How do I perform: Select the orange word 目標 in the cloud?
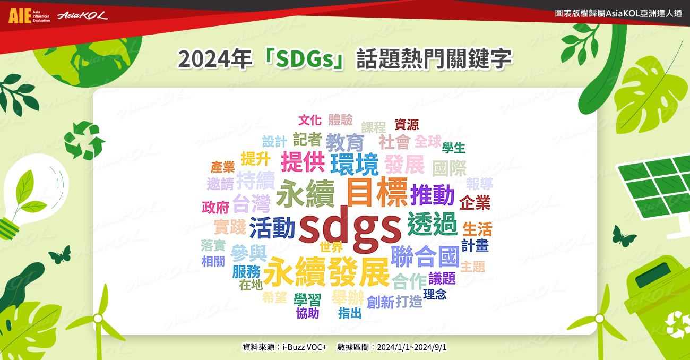coord(377,193)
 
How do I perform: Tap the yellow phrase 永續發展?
coord(326,272)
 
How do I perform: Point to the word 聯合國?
coord(425,256)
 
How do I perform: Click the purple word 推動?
coord(433,195)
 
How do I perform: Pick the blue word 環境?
coord(354,164)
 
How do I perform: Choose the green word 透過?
coord(433,224)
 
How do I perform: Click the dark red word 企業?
coord(475,203)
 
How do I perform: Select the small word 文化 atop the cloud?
coord(310,120)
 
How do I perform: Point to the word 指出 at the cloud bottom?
coord(350,313)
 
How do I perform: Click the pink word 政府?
coord(215,208)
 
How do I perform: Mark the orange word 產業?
coord(222,167)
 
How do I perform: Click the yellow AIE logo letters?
coord(20,16)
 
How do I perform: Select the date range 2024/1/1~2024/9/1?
coord(411,347)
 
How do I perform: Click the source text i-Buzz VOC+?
coord(305,347)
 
